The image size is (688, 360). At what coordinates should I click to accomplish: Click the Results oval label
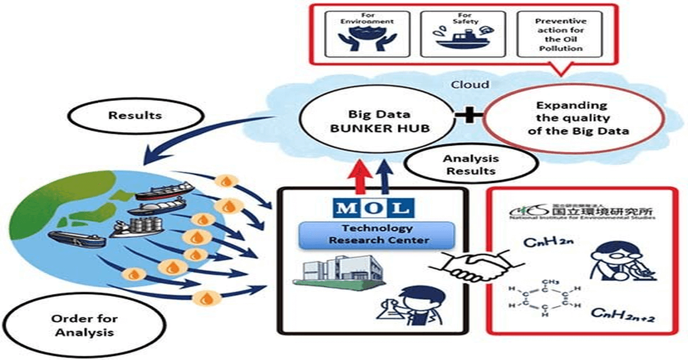tap(135, 115)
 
